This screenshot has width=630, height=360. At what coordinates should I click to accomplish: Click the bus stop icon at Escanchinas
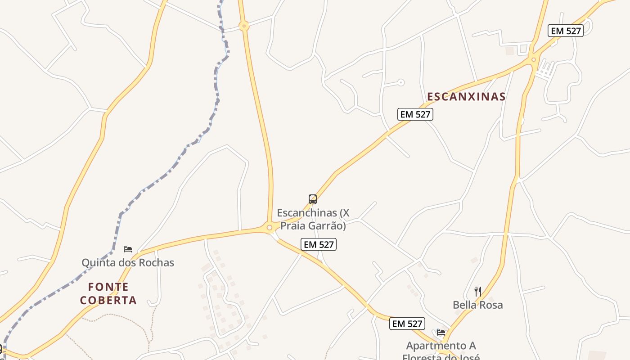[x=313, y=199]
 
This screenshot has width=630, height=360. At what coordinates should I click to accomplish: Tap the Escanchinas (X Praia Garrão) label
[x=313, y=219]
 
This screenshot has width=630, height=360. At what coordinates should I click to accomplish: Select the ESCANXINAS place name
[x=466, y=97]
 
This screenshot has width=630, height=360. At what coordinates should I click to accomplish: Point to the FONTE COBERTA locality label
[x=108, y=293]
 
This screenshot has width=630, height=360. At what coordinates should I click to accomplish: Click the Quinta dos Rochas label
[x=128, y=262]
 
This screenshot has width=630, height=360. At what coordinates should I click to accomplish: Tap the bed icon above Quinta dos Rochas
[x=128, y=249]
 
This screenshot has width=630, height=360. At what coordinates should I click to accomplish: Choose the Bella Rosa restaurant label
[x=477, y=305]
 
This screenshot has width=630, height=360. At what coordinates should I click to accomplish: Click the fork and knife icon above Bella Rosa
[x=477, y=291]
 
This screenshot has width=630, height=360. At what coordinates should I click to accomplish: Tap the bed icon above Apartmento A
[x=441, y=333]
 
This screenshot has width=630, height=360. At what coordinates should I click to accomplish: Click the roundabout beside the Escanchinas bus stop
[x=270, y=228]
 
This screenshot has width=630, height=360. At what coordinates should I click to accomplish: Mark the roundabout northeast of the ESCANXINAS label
[x=534, y=59]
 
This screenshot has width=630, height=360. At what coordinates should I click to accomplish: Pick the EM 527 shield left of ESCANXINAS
[x=415, y=114]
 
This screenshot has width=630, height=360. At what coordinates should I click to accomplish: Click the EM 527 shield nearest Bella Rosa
[x=407, y=324]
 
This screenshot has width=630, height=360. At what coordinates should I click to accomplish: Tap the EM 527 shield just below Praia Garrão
[x=319, y=244]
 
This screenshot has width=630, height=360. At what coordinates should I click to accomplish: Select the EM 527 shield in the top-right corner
[x=566, y=31]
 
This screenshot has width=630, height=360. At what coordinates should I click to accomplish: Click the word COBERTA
[x=108, y=300]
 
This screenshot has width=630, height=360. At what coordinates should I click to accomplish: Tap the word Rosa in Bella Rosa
[x=491, y=305]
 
